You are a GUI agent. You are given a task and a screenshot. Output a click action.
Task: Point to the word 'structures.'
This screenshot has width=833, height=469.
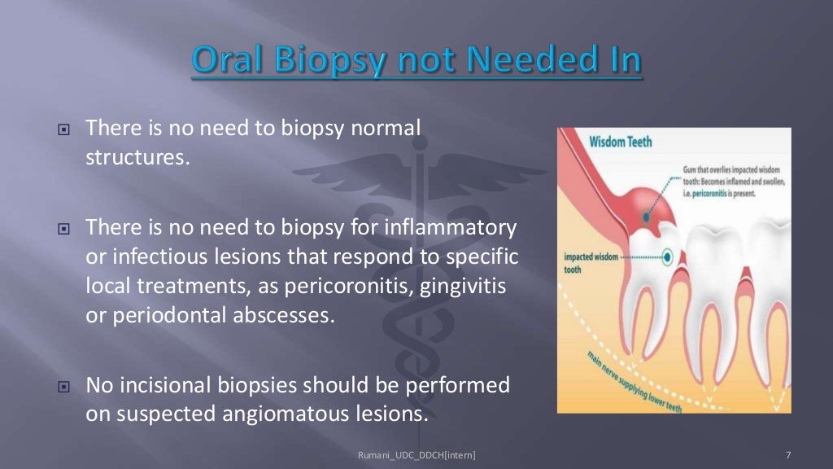tap(137, 156)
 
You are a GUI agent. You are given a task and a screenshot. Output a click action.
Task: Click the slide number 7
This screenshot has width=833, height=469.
tap(789, 454)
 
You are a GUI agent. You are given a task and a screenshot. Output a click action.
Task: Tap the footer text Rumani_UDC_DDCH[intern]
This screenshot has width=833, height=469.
tap(416, 454)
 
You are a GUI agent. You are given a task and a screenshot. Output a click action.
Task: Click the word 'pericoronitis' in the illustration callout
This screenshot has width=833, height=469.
tap(711, 194)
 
